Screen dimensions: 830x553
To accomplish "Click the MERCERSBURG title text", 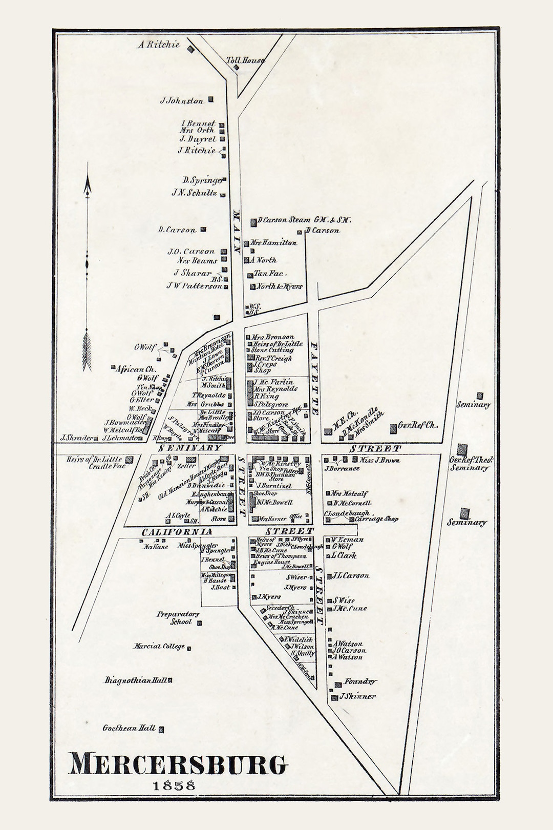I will pos(177,764).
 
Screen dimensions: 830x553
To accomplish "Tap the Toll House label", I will pos(245,60).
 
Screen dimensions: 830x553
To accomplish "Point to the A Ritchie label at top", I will pos(159,45).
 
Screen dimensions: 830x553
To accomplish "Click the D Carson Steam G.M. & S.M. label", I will pos(304,220).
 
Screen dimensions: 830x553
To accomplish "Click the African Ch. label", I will pos(136,368).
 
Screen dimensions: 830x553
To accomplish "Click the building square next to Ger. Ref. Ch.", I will pos(393,426).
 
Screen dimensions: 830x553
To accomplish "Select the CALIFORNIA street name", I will pos(177,532).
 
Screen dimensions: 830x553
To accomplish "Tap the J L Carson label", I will pos(350,576).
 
